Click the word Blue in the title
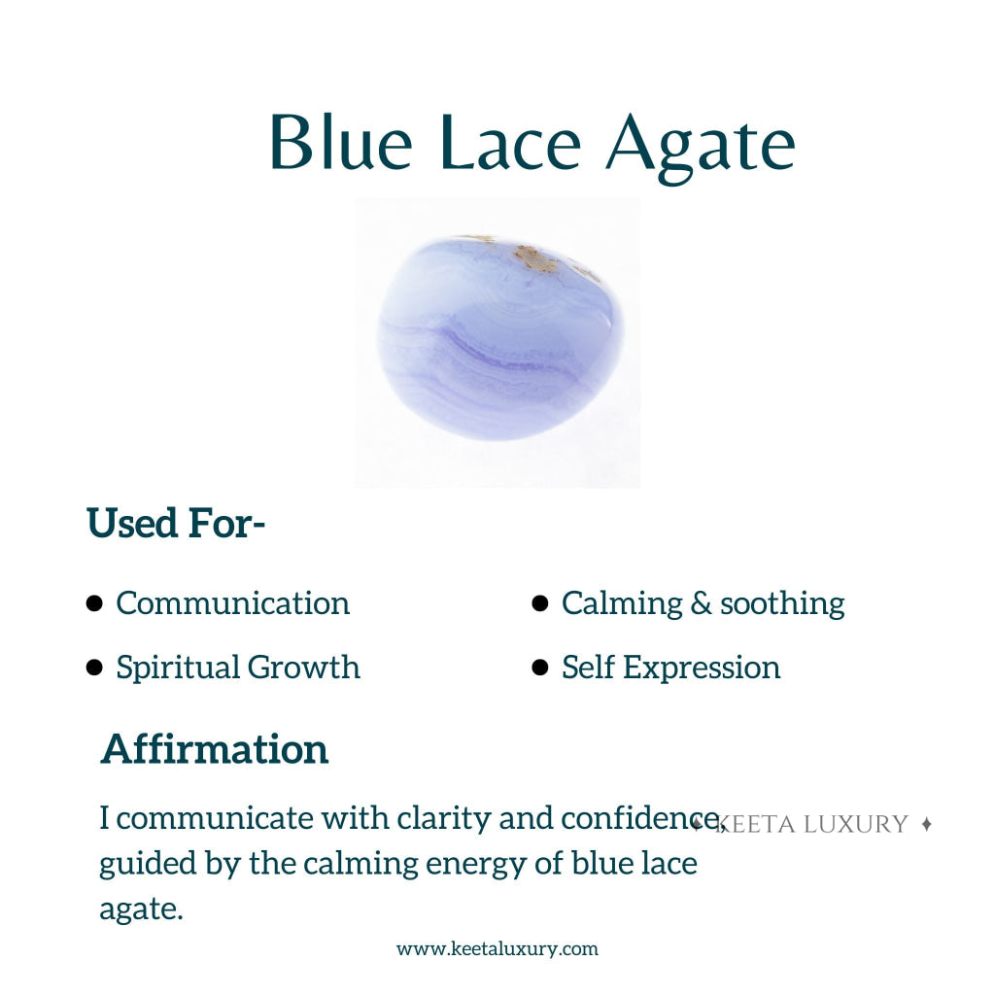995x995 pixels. [340, 143]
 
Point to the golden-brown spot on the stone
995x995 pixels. [533, 257]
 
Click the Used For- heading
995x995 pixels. [176, 523]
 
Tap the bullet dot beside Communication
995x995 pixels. [94, 603]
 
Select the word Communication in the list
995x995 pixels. [232, 603]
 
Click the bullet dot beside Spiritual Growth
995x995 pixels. [94, 668]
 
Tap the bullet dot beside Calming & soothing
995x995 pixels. [540, 603]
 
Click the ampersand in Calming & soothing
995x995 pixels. [701, 603]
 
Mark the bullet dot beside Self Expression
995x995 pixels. [540, 668]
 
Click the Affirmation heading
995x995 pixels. [214, 749]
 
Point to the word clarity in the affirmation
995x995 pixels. [443, 818]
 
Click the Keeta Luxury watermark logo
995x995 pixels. [811, 825]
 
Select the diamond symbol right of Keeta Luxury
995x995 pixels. [926, 824]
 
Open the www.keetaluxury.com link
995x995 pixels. [497, 949]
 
